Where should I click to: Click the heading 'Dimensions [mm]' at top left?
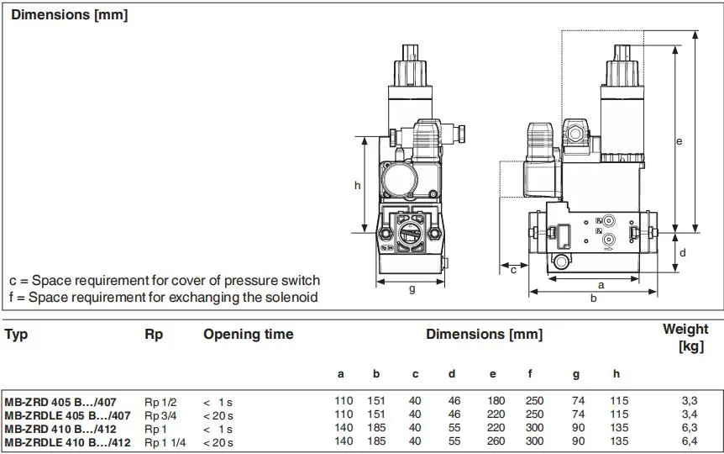point(70,15)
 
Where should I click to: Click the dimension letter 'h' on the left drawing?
point(357,185)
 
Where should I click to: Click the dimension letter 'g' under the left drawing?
point(412,290)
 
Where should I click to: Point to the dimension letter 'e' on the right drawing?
point(679,141)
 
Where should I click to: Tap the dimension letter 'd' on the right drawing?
point(683,252)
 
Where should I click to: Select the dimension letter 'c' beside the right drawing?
point(512,269)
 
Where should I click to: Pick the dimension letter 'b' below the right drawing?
point(593,298)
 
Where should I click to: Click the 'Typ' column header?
point(16,335)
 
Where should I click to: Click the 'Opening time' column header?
point(248,335)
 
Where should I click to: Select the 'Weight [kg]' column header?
point(685,337)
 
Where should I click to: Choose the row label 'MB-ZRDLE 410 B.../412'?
point(67,441)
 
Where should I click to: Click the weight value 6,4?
point(690,441)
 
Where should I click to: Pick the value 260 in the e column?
point(491,441)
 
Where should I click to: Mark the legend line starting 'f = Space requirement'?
point(164,298)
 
